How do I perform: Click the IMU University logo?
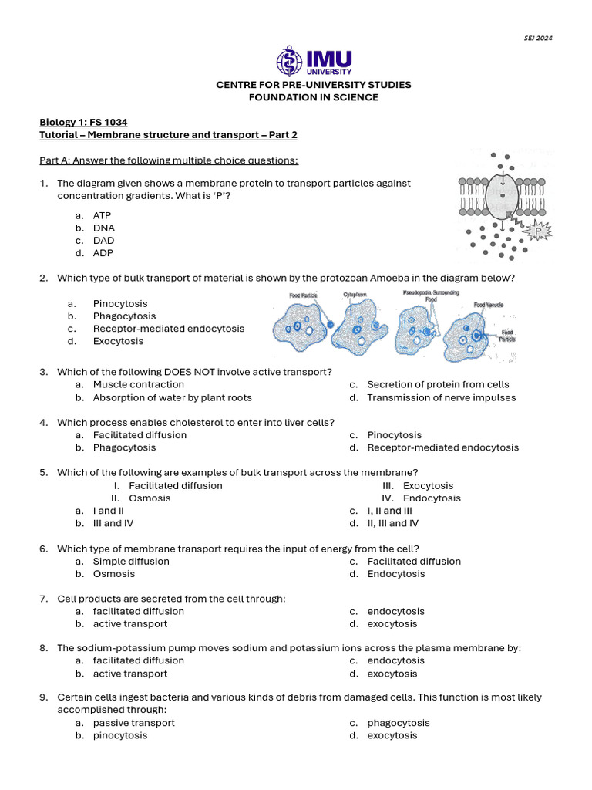(x=314, y=61)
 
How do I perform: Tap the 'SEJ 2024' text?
(x=539, y=38)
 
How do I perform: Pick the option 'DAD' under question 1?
(x=103, y=241)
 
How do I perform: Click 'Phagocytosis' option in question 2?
(x=124, y=316)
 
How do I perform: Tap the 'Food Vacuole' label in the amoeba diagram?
(x=489, y=305)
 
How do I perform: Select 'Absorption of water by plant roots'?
(x=172, y=398)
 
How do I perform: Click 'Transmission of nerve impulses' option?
(x=441, y=398)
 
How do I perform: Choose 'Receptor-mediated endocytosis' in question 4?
(x=442, y=447)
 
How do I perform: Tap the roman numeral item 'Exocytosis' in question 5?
(x=428, y=486)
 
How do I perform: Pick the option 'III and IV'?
(x=113, y=523)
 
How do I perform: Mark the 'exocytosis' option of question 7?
(x=392, y=624)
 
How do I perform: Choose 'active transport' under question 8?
(x=130, y=674)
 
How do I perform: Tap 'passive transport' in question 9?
(x=134, y=723)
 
